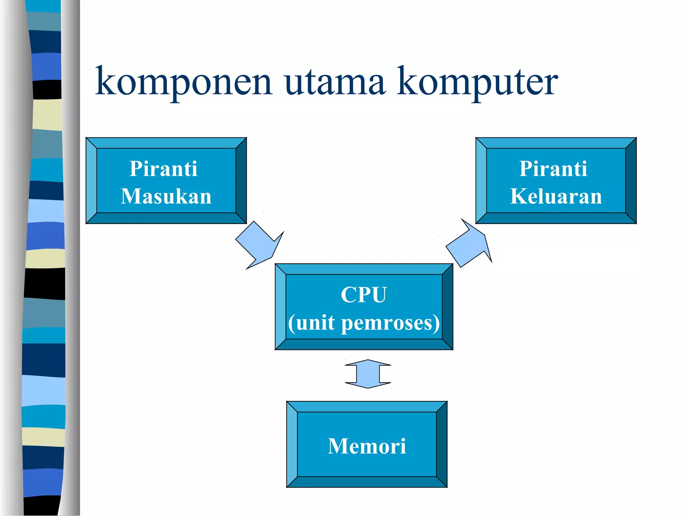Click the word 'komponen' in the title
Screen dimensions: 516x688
183,82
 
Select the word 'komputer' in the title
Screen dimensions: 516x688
477,82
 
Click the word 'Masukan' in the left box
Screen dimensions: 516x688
166,196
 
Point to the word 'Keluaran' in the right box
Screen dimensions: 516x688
556,196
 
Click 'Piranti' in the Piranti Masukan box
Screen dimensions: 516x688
163,169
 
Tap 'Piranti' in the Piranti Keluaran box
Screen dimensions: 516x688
553,169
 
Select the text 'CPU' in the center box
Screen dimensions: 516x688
364,295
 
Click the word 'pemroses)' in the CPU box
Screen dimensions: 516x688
390,323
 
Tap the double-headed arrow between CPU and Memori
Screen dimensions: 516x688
368,374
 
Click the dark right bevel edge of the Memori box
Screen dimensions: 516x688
442,444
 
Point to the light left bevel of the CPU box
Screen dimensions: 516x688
281,307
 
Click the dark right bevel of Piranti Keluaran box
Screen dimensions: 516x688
631,180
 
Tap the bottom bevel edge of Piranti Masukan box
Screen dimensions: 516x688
166,218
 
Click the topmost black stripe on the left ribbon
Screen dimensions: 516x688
47,89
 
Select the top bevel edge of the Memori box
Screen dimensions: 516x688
367,406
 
